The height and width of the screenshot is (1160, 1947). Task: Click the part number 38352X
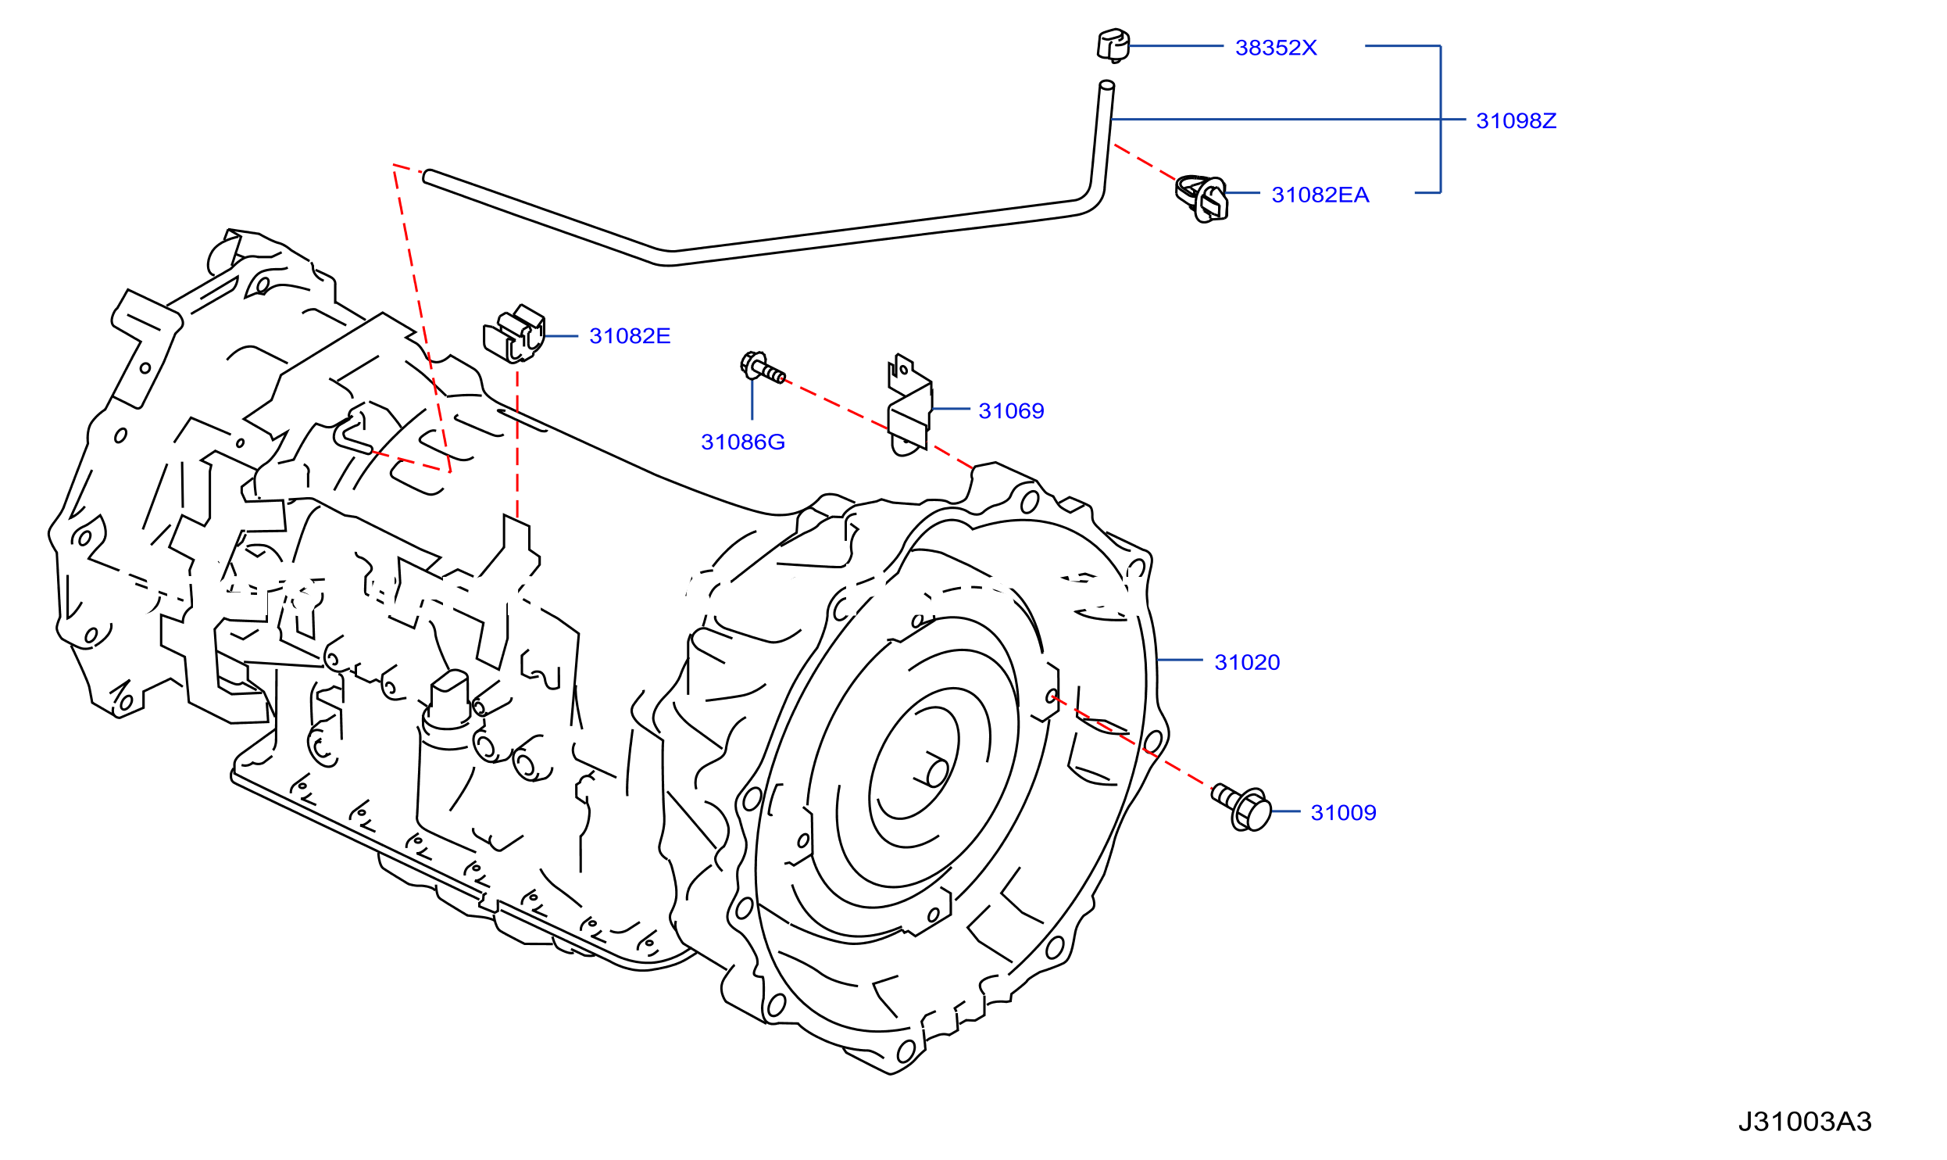(x=1276, y=48)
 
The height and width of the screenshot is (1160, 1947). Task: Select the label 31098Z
(x=1516, y=120)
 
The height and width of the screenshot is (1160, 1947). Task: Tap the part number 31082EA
(x=1320, y=195)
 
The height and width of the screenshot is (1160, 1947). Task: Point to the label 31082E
(x=630, y=336)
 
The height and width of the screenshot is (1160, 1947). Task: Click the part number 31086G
(x=743, y=442)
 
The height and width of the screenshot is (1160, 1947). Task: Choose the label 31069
(x=1011, y=411)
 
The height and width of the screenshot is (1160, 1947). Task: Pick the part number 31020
(x=1247, y=663)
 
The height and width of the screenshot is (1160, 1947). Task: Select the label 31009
(x=1343, y=813)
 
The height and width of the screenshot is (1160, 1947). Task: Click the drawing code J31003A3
(x=1805, y=1122)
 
